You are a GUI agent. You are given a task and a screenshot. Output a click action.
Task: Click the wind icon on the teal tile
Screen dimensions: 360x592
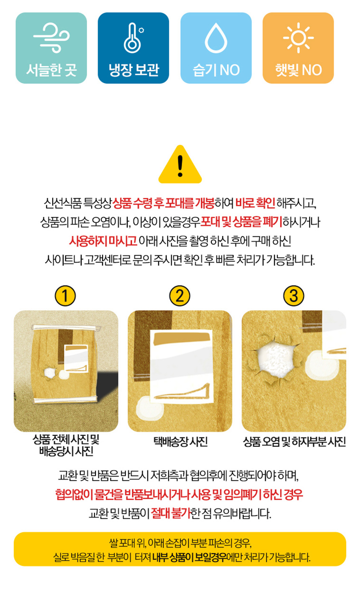point(51,38)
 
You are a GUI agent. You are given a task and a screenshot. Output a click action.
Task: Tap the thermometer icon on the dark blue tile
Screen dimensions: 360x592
point(134,38)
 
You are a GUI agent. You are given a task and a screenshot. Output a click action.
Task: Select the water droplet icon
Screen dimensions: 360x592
point(216,38)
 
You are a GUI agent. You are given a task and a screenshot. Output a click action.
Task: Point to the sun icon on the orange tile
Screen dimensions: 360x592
point(298,38)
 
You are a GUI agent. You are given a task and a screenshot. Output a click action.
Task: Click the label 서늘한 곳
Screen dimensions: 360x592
point(51,70)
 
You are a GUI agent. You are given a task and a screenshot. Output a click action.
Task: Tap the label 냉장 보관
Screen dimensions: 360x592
point(134,70)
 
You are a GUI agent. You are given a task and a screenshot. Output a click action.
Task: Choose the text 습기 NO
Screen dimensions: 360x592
point(216,70)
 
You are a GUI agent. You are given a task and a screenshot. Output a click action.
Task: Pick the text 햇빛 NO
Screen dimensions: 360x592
point(298,70)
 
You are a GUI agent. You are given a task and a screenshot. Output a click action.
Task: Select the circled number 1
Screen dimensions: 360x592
point(65,296)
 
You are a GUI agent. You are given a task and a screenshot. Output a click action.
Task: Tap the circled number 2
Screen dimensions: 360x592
point(180,296)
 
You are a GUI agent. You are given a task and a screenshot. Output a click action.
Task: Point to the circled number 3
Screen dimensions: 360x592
point(293,296)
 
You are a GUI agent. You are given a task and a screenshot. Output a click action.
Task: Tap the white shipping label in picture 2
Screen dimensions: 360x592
point(181,366)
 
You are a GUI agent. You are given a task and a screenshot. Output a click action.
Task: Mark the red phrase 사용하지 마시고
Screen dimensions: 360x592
point(103,241)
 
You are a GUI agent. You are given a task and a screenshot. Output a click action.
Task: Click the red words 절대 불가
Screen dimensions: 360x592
point(171,513)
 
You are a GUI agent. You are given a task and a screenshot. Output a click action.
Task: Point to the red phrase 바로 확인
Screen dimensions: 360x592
point(255,203)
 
